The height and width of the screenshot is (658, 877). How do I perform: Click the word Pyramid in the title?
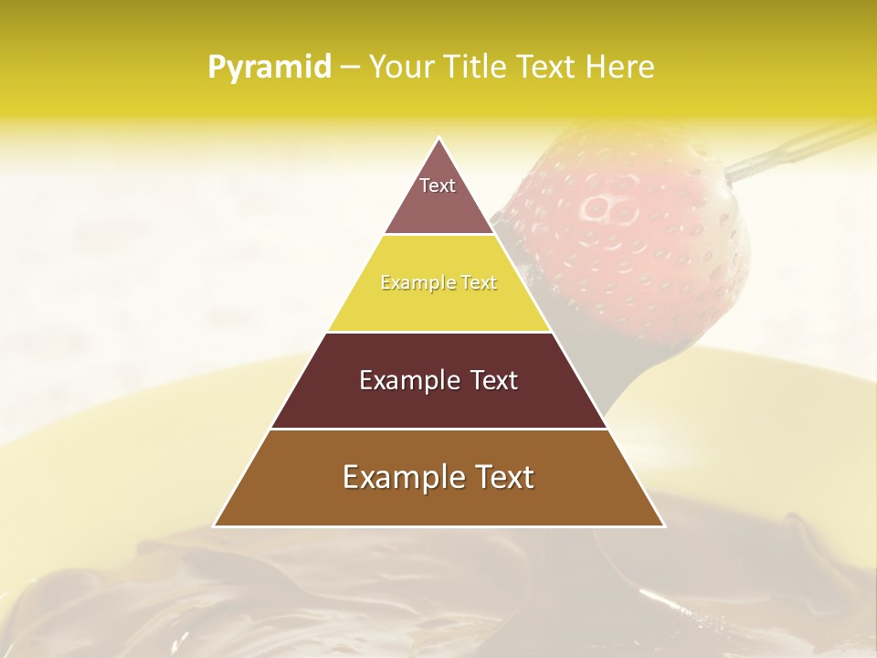[x=269, y=68]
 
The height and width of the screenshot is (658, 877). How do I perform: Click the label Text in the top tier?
[x=438, y=186]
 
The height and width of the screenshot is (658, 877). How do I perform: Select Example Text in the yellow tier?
[x=438, y=282]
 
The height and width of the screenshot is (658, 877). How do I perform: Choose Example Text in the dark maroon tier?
[x=438, y=380]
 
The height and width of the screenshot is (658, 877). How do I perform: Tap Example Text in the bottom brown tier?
[x=438, y=477]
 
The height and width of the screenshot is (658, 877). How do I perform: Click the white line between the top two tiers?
[x=438, y=234]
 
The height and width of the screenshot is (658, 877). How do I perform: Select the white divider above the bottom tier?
[x=438, y=429]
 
